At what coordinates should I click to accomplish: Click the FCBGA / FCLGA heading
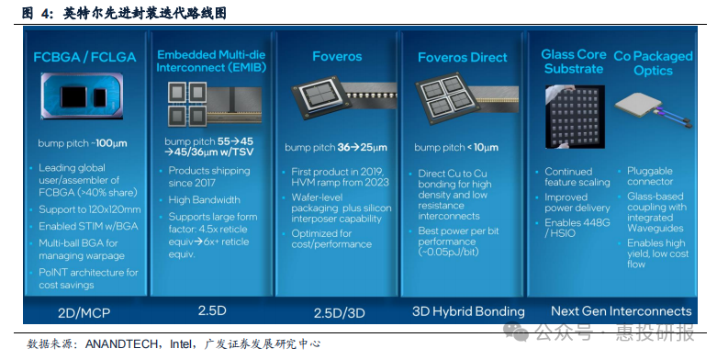(84, 57)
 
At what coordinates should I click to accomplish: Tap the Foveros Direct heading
(462, 57)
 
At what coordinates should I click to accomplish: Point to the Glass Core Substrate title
(573, 62)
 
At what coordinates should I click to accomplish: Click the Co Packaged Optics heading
(652, 62)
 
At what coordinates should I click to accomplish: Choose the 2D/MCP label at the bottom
(84, 312)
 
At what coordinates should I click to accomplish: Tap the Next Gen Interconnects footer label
(621, 311)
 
